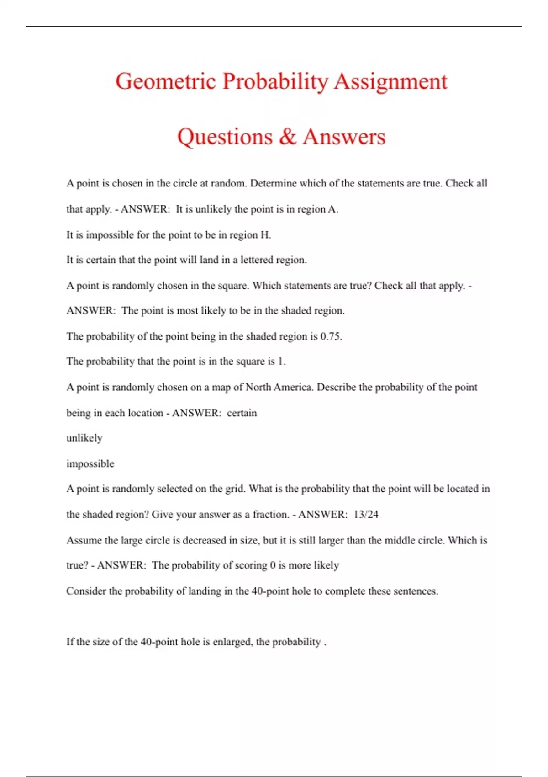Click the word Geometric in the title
click(165, 81)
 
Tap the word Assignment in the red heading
click(390, 81)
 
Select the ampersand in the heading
click(287, 136)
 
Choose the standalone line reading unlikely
click(84, 438)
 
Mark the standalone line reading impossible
click(90, 463)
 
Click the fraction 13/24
click(366, 514)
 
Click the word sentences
click(416, 591)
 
